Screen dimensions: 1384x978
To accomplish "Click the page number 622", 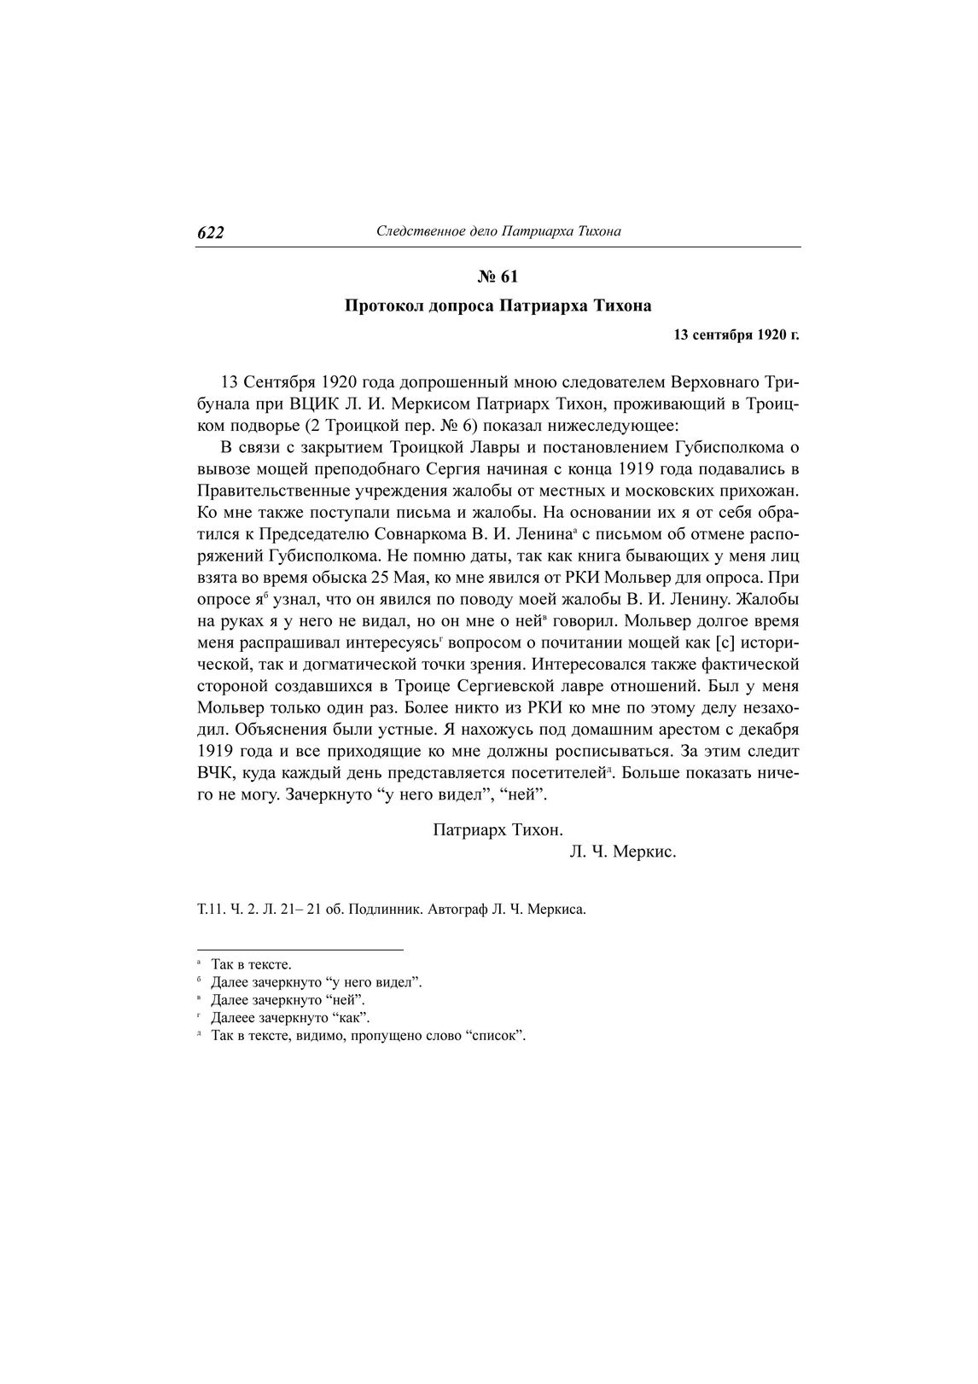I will pos(210,233).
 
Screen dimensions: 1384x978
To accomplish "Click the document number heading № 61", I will pos(497,276).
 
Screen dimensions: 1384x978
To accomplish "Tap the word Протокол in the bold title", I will pos(380,305).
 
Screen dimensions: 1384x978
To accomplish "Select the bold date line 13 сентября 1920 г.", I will pos(736,335).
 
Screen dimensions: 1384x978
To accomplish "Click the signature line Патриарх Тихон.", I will pos(498,829).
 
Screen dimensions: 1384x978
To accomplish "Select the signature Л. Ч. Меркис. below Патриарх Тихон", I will pos(622,852).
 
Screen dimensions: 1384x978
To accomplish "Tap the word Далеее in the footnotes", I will pos(232,1018).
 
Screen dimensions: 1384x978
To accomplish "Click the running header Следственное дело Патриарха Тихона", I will pos(498,231).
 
